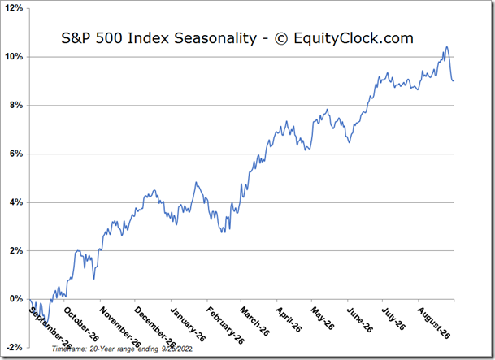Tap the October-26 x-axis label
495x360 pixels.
coord(81,323)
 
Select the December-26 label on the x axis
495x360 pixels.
coord(153,325)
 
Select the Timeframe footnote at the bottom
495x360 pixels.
coord(114,348)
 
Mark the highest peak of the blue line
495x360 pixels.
coord(446,47)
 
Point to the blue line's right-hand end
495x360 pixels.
coord(454,80)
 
